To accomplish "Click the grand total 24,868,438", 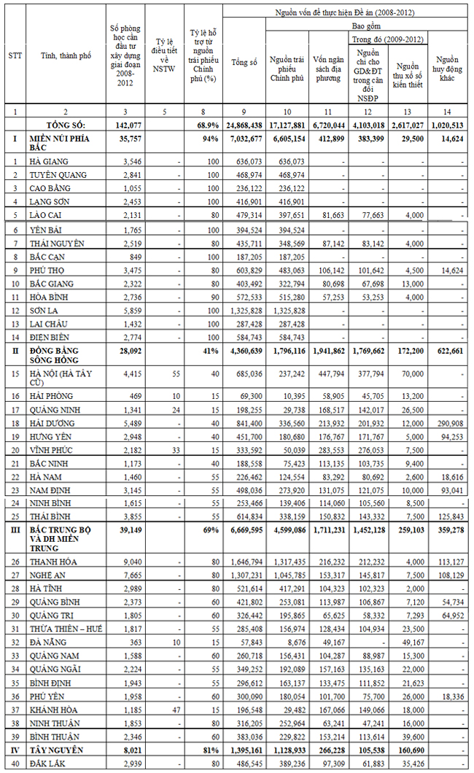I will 244,124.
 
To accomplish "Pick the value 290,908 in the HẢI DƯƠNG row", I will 448,422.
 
